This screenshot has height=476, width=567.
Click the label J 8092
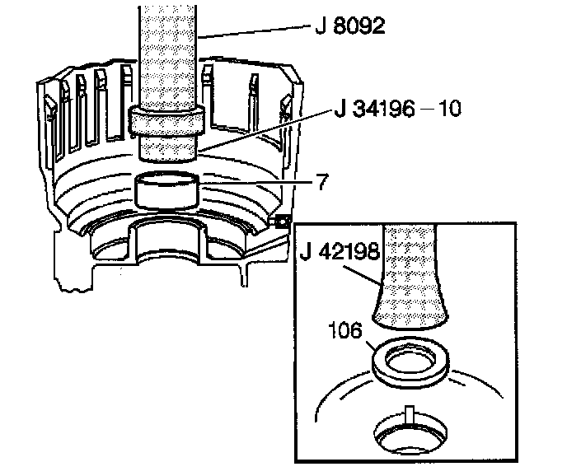point(349,26)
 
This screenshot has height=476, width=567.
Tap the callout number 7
point(322,181)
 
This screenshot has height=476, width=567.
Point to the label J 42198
point(340,250)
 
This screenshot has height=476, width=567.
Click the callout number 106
point(345,330)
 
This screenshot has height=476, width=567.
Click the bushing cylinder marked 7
point(166,190)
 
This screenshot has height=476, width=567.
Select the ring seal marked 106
point(410,362)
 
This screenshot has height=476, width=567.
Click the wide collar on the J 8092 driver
point(166,121)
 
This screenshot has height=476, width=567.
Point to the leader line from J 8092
point(255,31)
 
